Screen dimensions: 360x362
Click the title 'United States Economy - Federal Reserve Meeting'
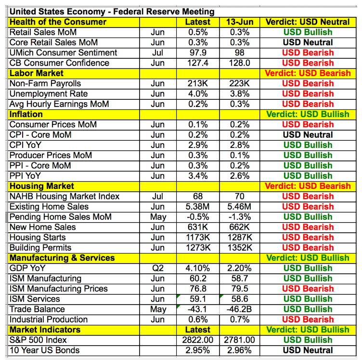click(x=112, y=12)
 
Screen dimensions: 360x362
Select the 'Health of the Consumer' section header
click(x=58, y=22)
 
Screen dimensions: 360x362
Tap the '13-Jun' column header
click(x=239, y=22)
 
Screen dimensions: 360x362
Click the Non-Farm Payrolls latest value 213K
click(x=198, y=83)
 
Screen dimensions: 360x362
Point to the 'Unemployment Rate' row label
click(x=49, y=94)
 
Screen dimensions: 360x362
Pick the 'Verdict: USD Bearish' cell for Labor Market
click(x=308, y=73)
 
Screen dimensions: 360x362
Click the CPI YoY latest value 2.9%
click(x=198, y=145)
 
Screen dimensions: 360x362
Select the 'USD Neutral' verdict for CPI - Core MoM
click(x=308, y=135)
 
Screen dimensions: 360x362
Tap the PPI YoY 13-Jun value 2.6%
click(x=239, y=176)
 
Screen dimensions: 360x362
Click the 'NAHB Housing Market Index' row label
click(x=65, y=196)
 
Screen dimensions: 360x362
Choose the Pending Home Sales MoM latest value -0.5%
click(x=198, y=217)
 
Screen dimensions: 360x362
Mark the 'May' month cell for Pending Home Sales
click(x=158, y=217)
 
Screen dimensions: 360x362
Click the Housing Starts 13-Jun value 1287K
click(x=239, y=237)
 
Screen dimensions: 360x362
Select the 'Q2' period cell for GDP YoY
click(x=158, y=268)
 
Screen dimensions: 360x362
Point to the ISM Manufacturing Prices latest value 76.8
click(x=198, y=289)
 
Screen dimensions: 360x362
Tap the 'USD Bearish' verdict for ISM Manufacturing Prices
click(x=308, y=289)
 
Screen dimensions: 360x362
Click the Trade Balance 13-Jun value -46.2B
click(x=239, y=309)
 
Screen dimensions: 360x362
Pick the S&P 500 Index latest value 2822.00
click(x=198, y=340)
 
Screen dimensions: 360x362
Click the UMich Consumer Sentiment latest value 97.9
click(x=198, y=53)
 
